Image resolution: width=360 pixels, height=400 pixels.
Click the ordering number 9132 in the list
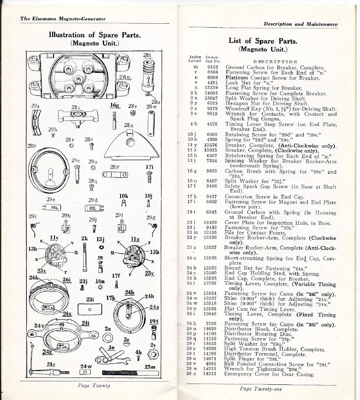pyautogui.click(x=212, y=67)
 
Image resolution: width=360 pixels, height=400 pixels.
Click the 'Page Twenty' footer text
pyautogui.click(x=94, y=386)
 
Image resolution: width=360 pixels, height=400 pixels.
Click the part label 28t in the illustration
pyautogui.click(x=147, y=55)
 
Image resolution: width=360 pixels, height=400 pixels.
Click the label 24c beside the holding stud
pyautogui.click(x=51, y=364)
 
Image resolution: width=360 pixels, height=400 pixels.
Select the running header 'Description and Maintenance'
pyautogui.click(x=300, y=24)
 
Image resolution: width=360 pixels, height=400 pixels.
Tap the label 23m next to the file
pyautogui.click(x=150, y=367)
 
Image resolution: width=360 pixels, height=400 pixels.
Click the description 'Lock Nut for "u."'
pyautogui.click(x=246, y=83)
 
